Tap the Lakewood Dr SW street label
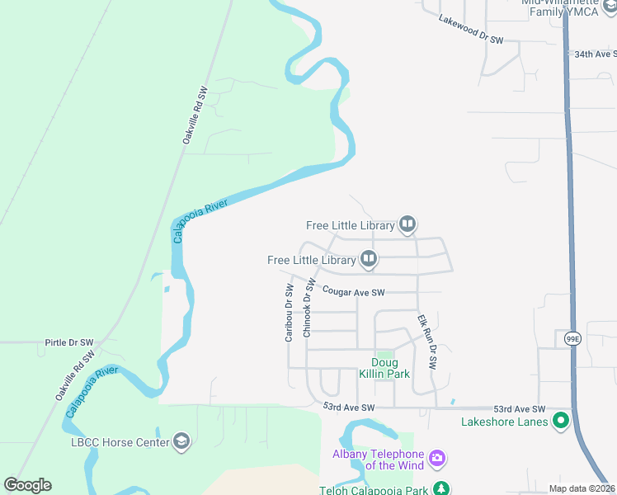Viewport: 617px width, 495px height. (471, 29)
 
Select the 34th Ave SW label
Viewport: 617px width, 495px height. (596, 54)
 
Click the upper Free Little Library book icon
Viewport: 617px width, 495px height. (407, 224)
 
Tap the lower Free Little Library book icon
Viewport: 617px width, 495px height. (369, 260)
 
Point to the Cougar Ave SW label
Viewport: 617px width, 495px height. (354, 292)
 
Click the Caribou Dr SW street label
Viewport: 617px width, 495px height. (290, 313)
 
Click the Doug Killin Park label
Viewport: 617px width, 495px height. (384, 368)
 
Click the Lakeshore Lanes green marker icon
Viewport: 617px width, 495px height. (562, 422)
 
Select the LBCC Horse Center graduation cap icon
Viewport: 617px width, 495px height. (181, 441)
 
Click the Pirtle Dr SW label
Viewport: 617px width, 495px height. (70, 342)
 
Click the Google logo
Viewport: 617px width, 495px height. (27, 485)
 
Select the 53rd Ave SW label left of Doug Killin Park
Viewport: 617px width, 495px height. (349, 408)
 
